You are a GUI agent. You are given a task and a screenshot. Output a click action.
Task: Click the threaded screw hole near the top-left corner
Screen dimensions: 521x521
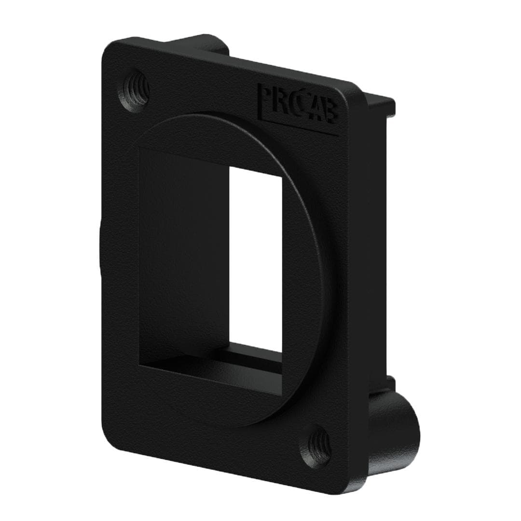tap(134, 90)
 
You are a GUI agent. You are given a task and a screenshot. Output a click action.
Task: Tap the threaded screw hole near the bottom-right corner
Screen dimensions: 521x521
tap(316, 446)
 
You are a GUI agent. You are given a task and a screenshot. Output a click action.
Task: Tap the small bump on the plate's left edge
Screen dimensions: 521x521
tap(100, 251)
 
